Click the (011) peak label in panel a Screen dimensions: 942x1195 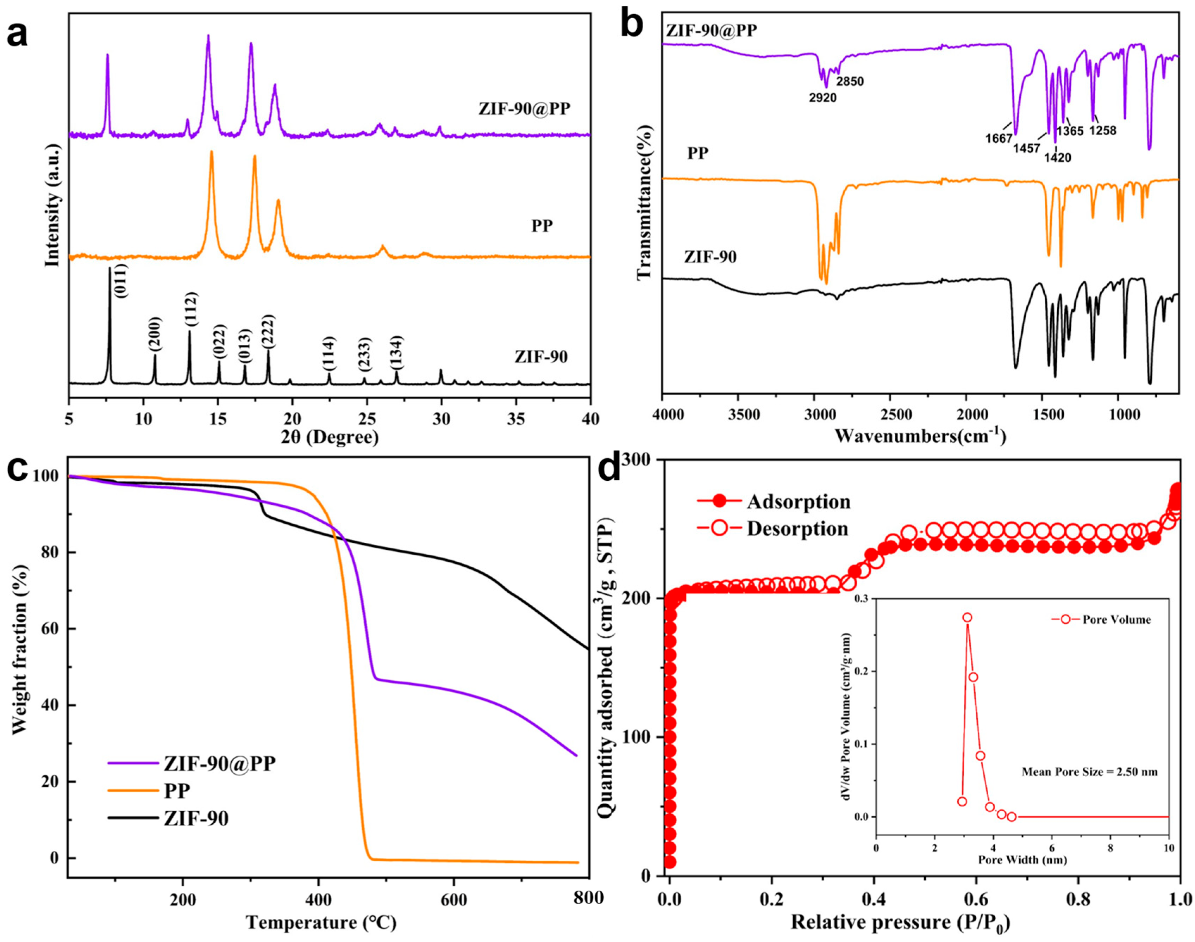122,281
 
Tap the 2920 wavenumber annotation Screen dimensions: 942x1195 823,98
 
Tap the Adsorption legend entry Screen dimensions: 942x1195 798,501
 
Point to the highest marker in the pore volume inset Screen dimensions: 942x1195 967,618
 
